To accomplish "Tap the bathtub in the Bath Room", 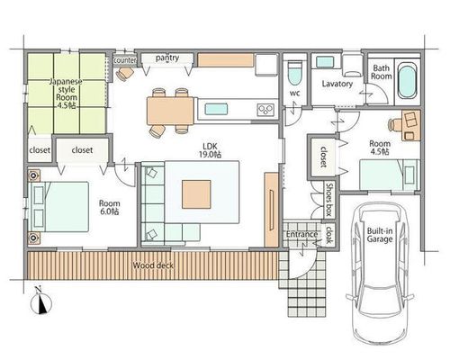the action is pos(408,81).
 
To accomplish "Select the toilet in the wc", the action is pos(294,74).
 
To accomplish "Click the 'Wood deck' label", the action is pos(153,265).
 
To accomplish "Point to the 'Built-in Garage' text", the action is pos(380,235).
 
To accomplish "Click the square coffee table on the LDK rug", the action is pos(196,194).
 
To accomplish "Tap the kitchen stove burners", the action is pos(265,109).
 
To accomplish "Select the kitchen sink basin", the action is pos(216,109).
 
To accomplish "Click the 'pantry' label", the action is pos(167,58).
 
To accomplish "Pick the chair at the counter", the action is pos(126,74).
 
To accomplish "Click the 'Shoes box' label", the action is pos(328,200).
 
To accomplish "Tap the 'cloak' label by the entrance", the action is pos(328,235).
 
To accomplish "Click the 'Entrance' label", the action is pos(301,234).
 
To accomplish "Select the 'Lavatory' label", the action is pos(337,84).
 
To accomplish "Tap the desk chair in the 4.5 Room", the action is pos(395,124).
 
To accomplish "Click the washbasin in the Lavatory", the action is pos(324,62).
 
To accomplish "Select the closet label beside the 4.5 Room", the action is pos(323,157).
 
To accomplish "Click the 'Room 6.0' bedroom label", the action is pos(109,207).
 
